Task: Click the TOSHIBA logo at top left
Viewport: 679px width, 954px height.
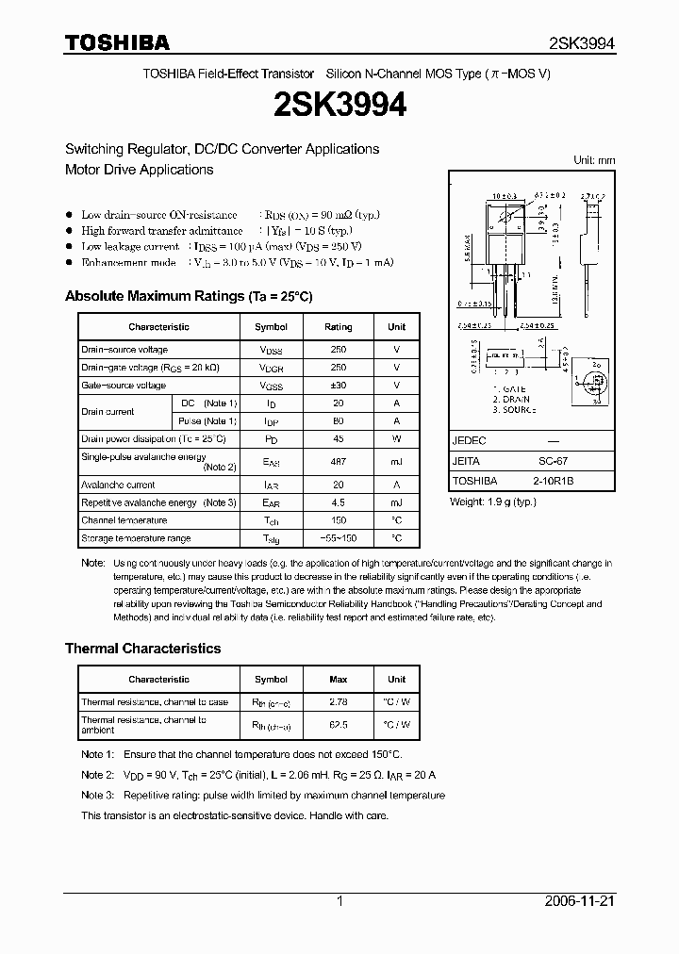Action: [117, 42]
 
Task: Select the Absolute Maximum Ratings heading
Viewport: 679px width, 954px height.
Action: [189, 296]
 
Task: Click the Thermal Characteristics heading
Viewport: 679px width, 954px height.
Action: [142, 649]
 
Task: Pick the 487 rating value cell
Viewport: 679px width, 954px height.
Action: [338, 462]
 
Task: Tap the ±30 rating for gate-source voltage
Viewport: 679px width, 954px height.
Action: [338, 386]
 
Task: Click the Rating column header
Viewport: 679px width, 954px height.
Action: [338, 327]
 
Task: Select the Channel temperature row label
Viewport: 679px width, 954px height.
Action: [124, 520]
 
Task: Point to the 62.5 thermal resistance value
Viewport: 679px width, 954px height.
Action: [338, 725]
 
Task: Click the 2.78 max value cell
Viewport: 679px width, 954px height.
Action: [338, 702]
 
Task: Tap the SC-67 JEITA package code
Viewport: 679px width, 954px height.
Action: [554, 461]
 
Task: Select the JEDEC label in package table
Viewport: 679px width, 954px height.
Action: [470, 441]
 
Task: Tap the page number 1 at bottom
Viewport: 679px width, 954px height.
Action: [339, 901]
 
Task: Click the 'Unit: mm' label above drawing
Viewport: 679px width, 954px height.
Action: [594, 160]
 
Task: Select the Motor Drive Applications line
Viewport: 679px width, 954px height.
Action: [139, 170]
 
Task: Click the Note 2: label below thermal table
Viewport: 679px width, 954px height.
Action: [97, 775]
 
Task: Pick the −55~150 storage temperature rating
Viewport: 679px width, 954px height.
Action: [338, 538]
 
